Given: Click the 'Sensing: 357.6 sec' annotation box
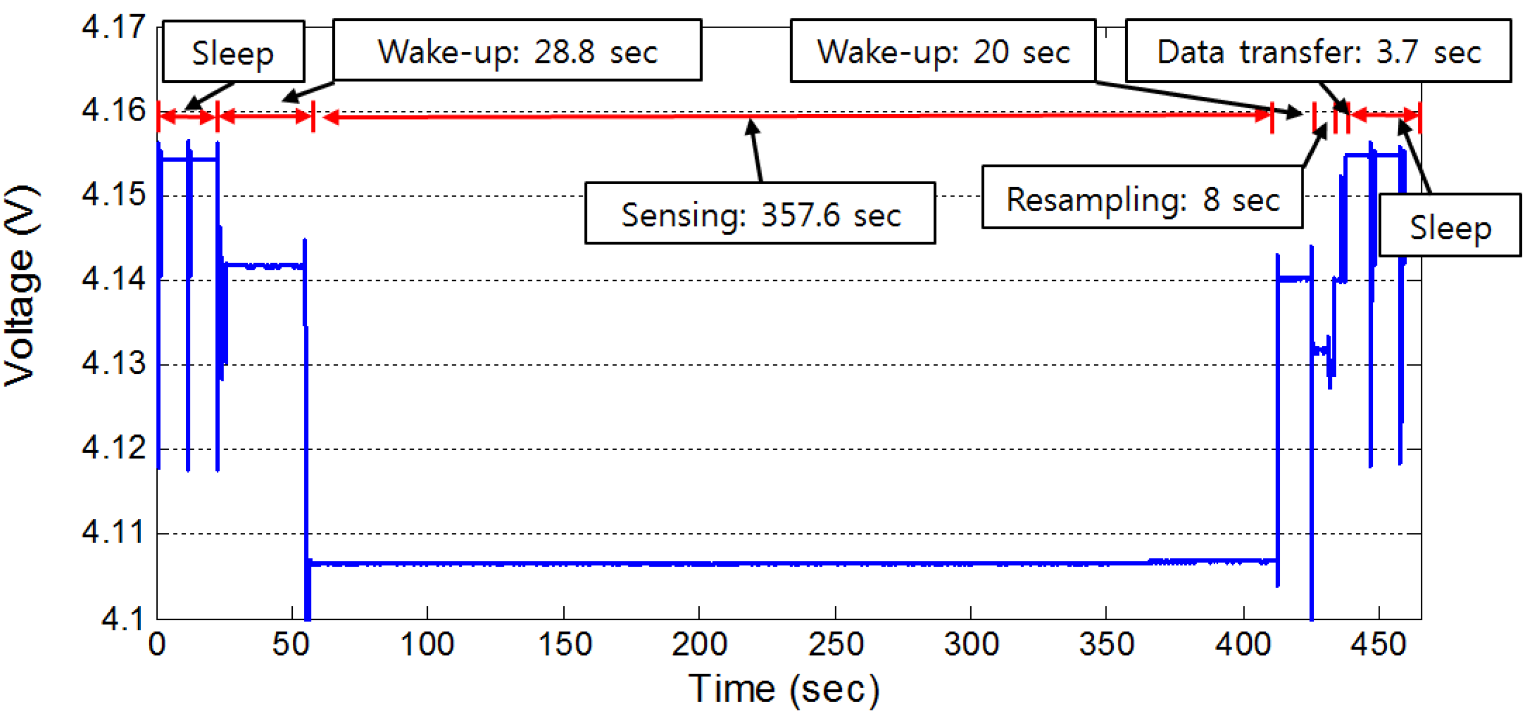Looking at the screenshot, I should (x=760, y=214).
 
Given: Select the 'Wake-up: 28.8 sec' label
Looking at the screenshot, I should (x=517, y=51).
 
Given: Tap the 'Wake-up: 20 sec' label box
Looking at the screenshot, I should (x=943, y=51).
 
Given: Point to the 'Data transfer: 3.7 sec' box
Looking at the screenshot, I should (x=1318, y=51).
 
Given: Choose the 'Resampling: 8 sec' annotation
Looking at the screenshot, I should (x=1141, y=197).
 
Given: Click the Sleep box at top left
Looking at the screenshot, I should (x=233, y=52).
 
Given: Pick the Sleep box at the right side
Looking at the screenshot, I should (x=1450, y=226).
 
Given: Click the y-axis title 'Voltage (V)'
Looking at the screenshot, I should (x=21, y=285).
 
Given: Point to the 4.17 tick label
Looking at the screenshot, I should (x=113, y=26).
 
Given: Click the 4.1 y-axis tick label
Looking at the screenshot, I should (x=122, y=619).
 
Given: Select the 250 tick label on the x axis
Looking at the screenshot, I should (x=835, y=644).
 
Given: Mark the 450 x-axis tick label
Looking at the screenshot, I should (x=1378, y=644).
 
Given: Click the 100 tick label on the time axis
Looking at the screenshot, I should (x=427, y=644).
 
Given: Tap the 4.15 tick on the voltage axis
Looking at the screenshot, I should (x=113, y=195).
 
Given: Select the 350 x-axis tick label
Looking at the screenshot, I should (x=1106, y=644).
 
